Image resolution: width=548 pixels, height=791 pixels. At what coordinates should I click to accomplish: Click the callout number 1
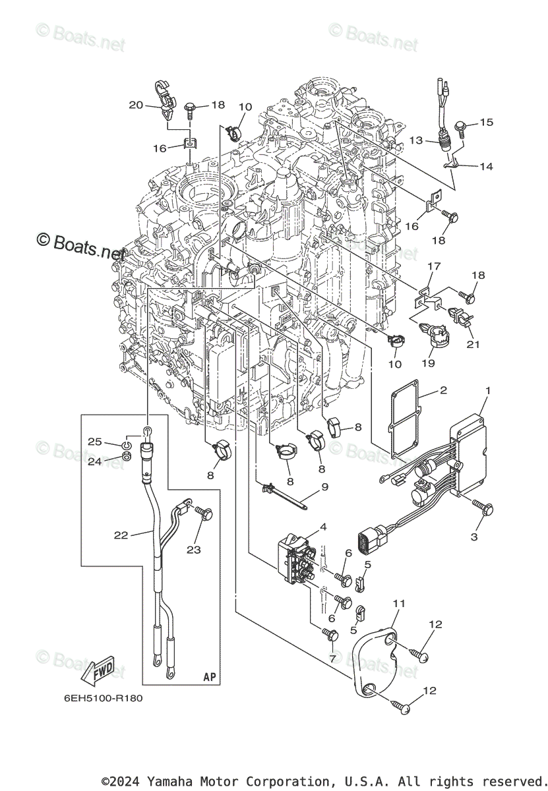click(487, 392)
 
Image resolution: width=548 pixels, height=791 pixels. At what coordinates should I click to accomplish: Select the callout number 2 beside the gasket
click(443, 390)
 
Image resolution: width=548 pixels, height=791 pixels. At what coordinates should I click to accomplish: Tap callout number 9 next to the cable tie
click(324, 488)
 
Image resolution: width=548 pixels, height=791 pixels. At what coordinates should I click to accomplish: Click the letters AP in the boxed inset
click(210, 677)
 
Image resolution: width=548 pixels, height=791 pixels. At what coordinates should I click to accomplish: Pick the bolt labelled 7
click(330, 634)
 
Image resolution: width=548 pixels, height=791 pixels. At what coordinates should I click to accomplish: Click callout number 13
click(415, 140)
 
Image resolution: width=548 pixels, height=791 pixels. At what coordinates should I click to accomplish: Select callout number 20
click(136, 105)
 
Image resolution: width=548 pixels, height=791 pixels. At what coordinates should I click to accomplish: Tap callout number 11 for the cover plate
click(400, 603)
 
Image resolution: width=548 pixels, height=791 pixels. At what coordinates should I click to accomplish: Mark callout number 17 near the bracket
click(433, 266)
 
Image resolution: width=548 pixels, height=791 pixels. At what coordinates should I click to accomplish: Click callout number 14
click(486, 167)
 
